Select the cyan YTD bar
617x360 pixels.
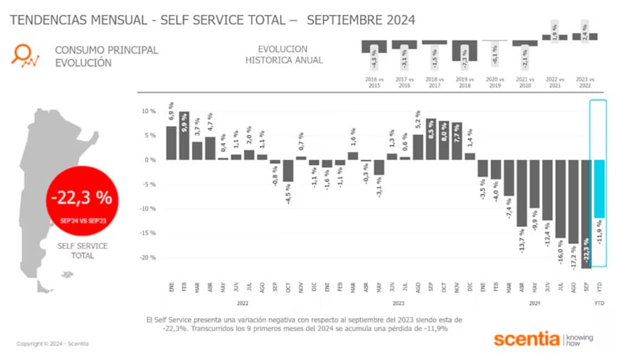[x=598, y=189]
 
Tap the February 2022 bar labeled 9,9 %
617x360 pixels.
[x=184, y=135]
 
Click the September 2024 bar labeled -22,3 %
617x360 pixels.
[x=586, y=213]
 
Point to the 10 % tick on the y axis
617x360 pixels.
[x=149, y=112]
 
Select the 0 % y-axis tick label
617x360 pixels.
[x=150, y=160]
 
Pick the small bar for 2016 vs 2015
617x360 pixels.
[x=374, y=46]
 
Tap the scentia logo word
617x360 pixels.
[x=526, y=339]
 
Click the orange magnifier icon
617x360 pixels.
[x=26, y=55]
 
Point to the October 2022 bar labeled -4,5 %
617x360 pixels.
[x=288, y=171]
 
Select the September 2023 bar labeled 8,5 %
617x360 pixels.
[x=431, y=139]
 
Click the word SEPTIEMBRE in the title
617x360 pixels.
[x=343, y=20]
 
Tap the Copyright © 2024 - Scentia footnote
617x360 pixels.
[x=53, y=344]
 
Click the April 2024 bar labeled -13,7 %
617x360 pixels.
[x=521, y=193]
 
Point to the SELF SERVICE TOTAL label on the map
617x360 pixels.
[x=83, y=250]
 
